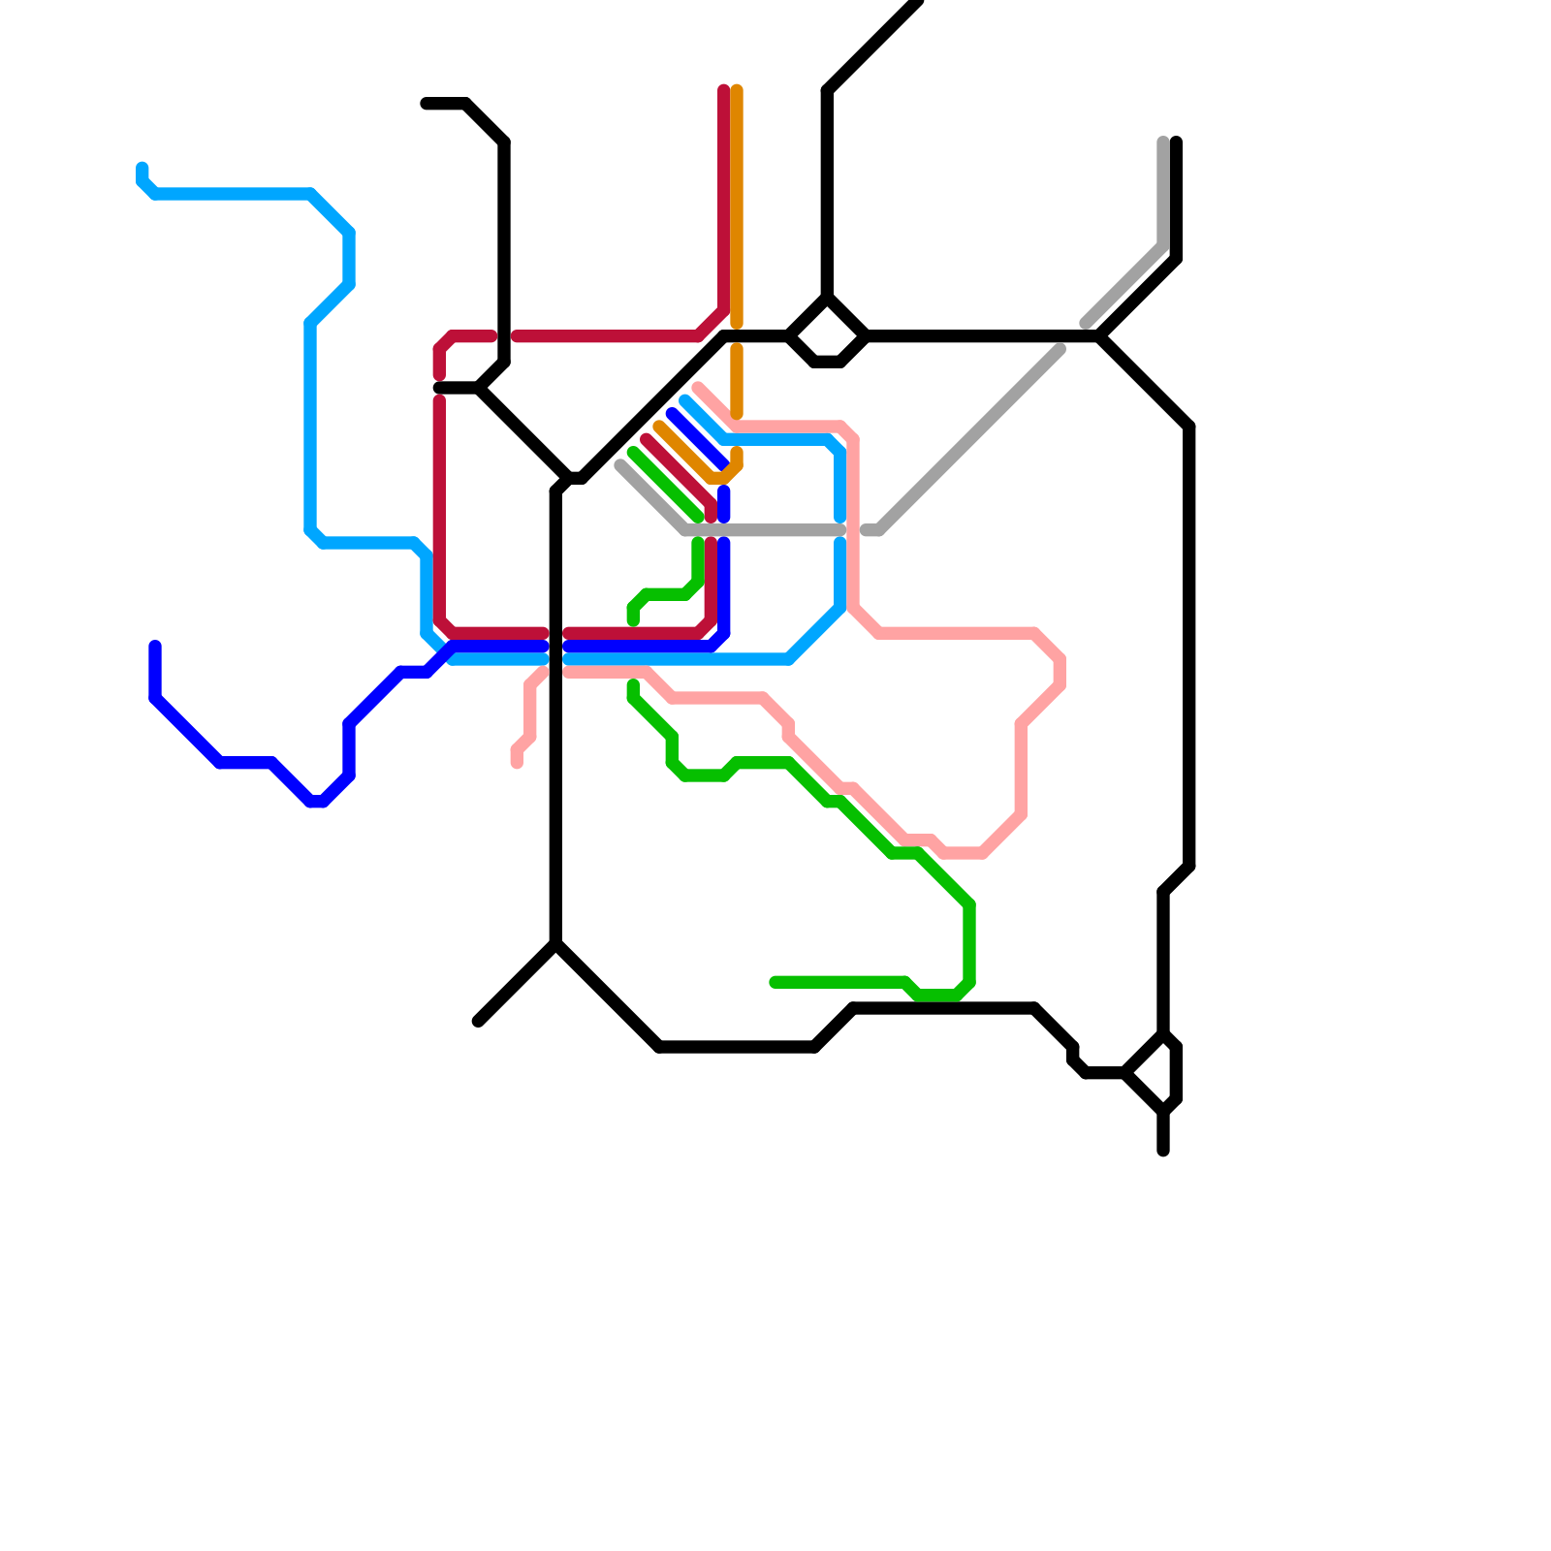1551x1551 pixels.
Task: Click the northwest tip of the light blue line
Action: pyautogui.click(x=142, y=167)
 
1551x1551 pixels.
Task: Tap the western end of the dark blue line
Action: pyautogui.click(x=155, y=646)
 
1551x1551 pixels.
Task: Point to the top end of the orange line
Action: pyautogui.click(x=737, y=90)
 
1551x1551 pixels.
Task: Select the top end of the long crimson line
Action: pyautogui.click(x=723, y=90)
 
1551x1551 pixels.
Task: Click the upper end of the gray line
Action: pyautogui.click(x=1162, y=142)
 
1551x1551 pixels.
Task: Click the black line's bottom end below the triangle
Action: pyautogui.click(x=1163, y=1152)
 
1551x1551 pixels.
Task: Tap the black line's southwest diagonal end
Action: pyautogui.click(x=478, y=1022)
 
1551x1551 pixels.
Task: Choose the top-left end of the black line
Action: pyautogui.click(x=426, y=104)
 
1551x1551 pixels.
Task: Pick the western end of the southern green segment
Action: pyautogui.click(x=775, y=983)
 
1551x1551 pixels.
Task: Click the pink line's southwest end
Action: pyautogui.click(x=517, y=764)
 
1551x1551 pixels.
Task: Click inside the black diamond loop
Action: pyautogui.click(x=827, y=335)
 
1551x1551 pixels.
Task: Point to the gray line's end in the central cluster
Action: pyautogui.click(x=620, y=465)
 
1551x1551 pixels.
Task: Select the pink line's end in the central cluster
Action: pyautogui.click(x=698, y=388)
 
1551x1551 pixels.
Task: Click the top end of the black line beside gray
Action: pyautogui.click(x=1176, y=142)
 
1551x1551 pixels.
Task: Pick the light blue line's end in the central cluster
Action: pyautogui.click(x=684, y=399)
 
